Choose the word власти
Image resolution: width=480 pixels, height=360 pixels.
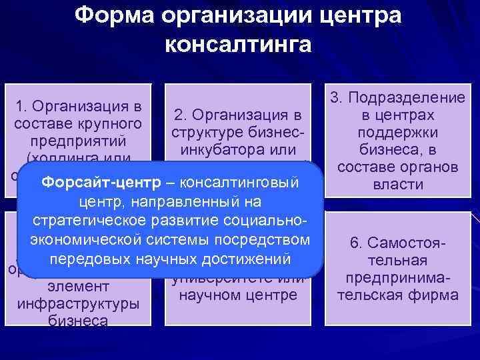point(397,185)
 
